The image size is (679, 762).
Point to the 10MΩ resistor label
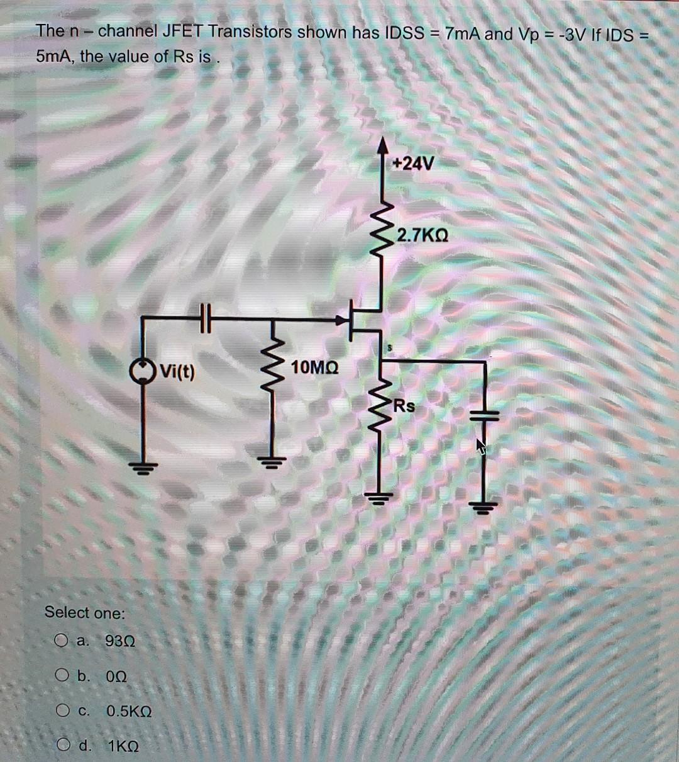coord(315,367)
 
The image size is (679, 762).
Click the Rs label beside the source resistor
coord(404,406)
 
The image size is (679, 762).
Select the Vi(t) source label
coord(177,371)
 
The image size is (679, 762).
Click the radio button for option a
coord(61,641)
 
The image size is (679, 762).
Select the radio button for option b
coord(61,676)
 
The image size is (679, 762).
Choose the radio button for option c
coord(61,712)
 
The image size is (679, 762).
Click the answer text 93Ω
coord(120,642)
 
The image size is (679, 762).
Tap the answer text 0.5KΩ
coord(129,712)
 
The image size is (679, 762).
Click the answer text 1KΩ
coord(124,747)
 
